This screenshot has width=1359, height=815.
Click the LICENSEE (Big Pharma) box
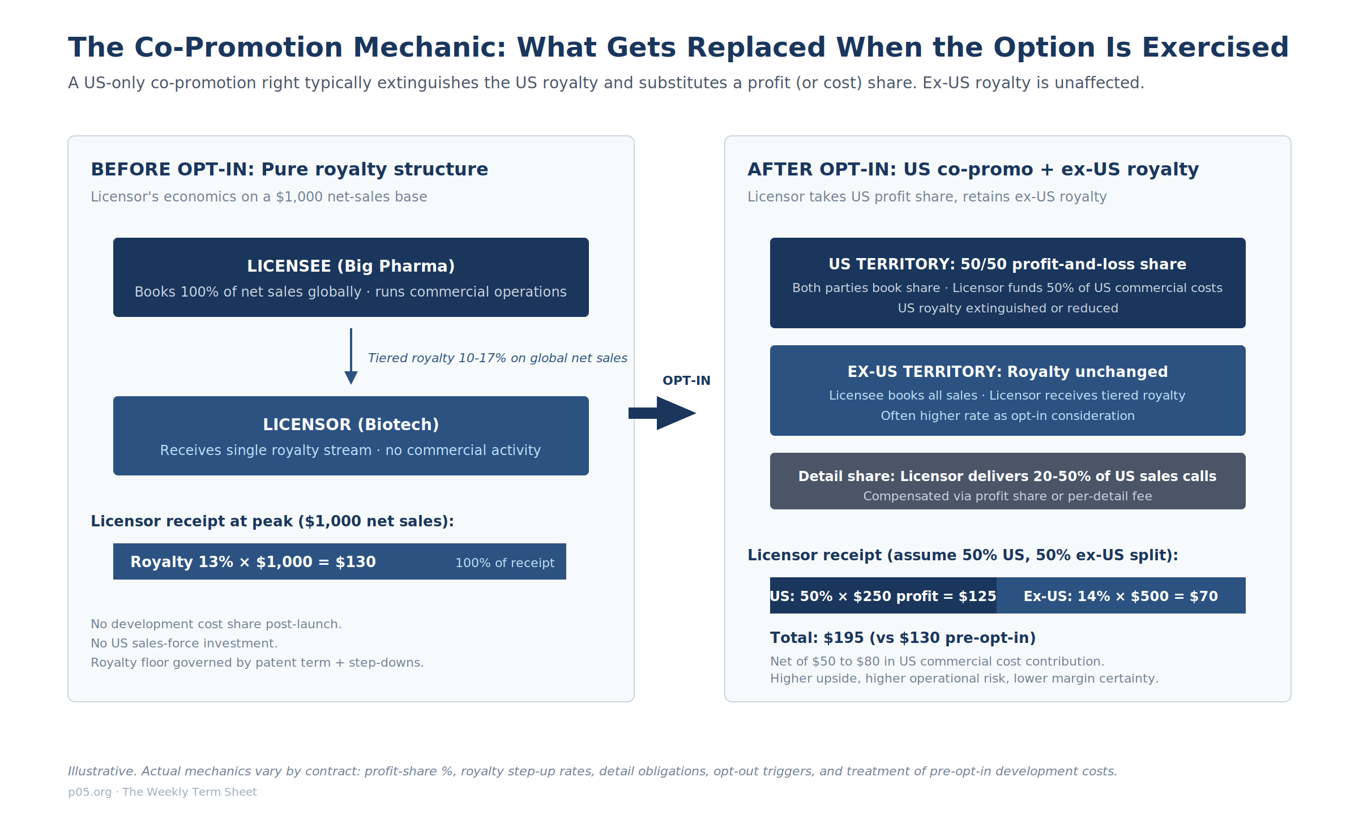[x=351, y=277]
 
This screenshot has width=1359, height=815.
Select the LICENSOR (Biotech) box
[x=351, y=436]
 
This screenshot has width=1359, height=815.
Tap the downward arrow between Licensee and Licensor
[x=351, y=357]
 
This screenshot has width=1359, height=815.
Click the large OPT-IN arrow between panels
[x=663, y=413]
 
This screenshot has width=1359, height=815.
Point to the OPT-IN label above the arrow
[x=686, y=380]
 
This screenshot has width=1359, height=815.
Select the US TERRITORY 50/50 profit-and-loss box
[x=1008, y=283]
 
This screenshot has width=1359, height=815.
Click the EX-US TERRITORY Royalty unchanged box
[x=1008, y=391]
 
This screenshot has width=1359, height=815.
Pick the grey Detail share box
[x=1008, y=481]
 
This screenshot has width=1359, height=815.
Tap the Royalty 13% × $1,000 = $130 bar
[x=340, y=561]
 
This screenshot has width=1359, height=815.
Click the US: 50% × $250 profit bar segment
[x=883, y=595]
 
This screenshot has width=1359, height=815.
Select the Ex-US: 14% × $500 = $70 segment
[x=1121, y=595]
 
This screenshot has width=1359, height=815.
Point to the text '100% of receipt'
[x=505, y=563]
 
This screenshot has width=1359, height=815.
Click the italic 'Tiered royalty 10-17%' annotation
[x=498, y=358]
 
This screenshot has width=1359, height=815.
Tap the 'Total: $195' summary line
[x=903, y=638]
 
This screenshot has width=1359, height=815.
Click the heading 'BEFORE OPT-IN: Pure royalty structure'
[x=289, y=169]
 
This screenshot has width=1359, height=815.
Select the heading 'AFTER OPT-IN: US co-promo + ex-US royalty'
[x=973, y=169]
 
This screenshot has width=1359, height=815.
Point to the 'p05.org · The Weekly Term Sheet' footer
[x=163, y=792]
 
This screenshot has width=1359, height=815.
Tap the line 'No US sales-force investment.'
[x=184, y=643]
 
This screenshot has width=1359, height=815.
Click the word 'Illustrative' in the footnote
[x=102, y=771]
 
